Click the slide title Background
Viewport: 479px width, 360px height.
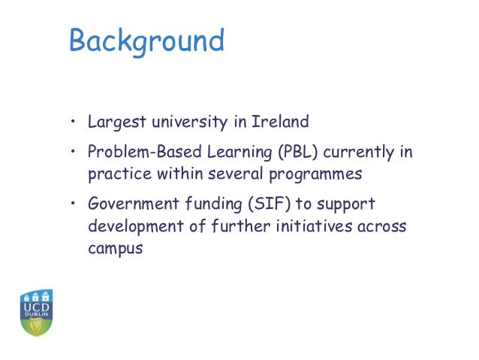pyautogui.click(x=146, y=41)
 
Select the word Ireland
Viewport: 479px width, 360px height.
pyautogui.click(x=281, y=122)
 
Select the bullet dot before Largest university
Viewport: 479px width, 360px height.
pyautogui.click(x=74, y=123)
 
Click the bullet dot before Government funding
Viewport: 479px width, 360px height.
pyautogui.click(x=74, y=205)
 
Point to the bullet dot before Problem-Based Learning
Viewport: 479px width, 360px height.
pyautogui.click(x=74, y=153)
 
